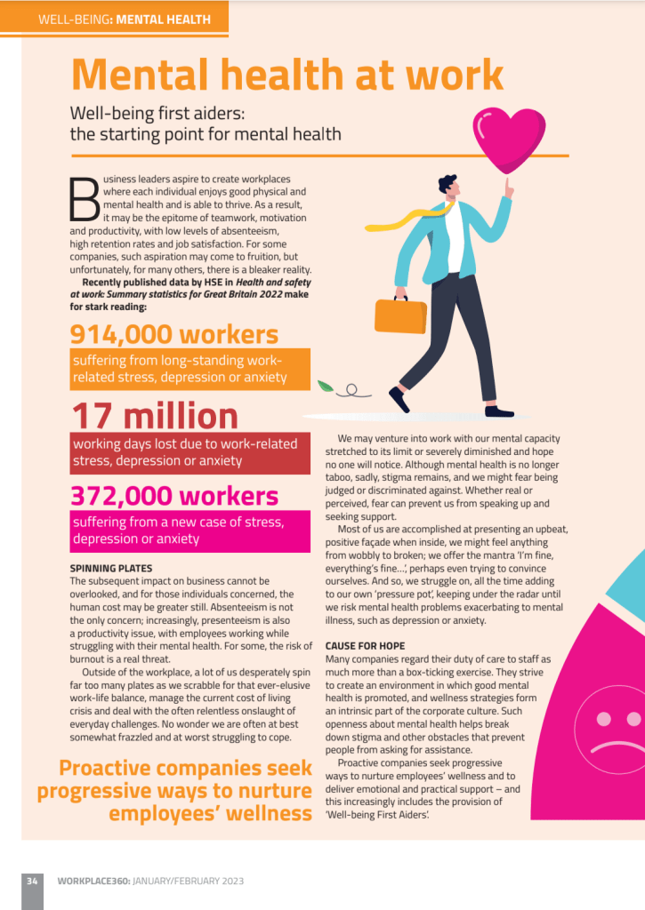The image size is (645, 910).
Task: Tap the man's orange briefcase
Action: (401, 315)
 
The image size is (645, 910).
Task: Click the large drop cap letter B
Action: (85, 198)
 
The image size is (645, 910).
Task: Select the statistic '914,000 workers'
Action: (174, 334)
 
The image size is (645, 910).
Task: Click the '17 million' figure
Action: (155, 416)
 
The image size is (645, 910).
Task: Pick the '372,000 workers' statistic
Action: (174, 496)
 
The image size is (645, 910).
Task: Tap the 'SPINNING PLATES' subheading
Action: (111, 568)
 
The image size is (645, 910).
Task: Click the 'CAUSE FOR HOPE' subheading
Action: (366, 645)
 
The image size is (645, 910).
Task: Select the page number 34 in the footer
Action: (32, 881)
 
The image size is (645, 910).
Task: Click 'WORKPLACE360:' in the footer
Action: (94, 881)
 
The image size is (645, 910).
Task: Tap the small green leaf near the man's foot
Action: (327, 386)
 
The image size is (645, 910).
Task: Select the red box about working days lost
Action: (190, 453)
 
